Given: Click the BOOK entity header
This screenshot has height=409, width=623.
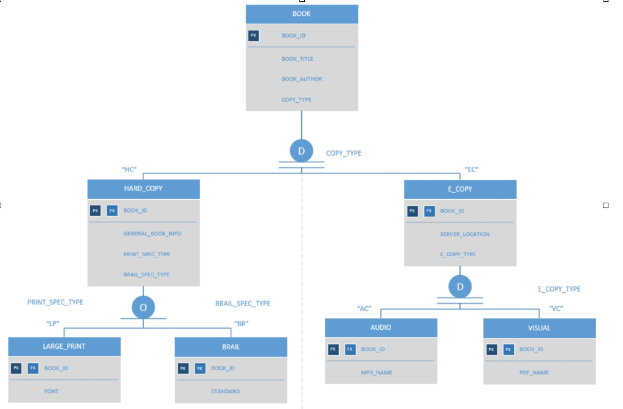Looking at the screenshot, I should point(302,14).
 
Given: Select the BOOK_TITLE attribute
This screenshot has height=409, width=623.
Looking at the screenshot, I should point(297,59).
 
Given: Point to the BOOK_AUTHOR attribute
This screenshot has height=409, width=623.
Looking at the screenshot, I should point(302,79).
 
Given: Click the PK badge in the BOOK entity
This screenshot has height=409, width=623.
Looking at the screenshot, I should point(254,36).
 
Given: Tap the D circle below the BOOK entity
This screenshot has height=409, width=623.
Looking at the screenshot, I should point(301,151).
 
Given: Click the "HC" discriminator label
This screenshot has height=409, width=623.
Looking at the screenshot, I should point(129,170).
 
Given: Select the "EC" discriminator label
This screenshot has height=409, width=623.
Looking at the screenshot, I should point(472,170).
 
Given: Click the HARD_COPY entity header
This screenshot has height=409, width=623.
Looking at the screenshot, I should point(144,189).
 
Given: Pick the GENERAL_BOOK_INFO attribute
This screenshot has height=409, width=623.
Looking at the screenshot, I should point(152,234).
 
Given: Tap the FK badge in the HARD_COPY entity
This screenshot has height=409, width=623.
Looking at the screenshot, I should point(112,211).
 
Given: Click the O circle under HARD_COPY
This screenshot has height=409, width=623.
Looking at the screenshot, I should point(143,307).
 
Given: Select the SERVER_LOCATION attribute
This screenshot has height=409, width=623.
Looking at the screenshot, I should point(464,234).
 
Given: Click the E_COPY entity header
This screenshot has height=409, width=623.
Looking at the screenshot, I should point(460,189).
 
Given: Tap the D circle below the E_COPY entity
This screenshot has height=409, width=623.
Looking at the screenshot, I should point(460,287).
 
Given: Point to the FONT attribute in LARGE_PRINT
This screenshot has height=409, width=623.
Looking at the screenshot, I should point(52,391).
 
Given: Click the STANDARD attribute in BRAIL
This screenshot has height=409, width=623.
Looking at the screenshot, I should point(225,391).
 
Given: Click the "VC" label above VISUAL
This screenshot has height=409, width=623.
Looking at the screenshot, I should point(555,309).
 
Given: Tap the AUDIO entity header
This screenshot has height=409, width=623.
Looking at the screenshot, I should point(381,327).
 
